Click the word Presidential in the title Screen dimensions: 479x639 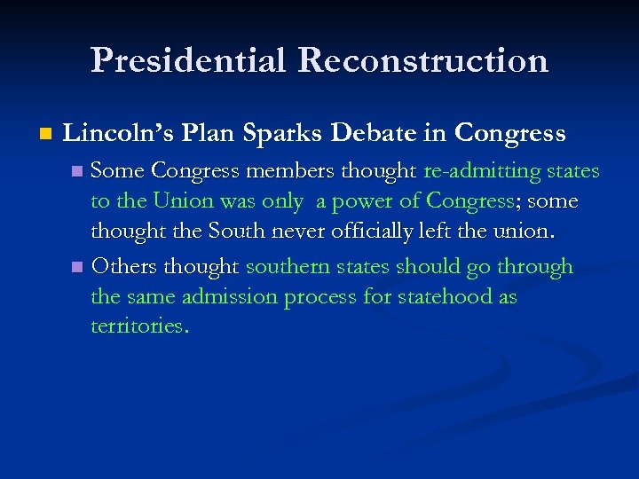[189, 60]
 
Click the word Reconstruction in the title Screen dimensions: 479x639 [423, 60]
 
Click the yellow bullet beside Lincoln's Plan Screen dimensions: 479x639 [45, 135]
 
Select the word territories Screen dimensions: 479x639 [139, 326]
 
